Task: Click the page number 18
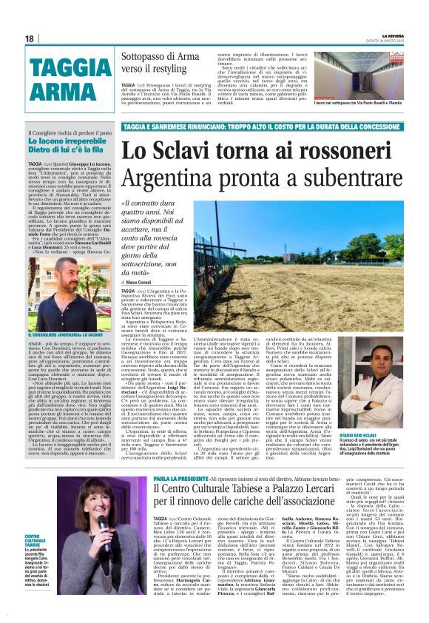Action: (30, 38)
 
